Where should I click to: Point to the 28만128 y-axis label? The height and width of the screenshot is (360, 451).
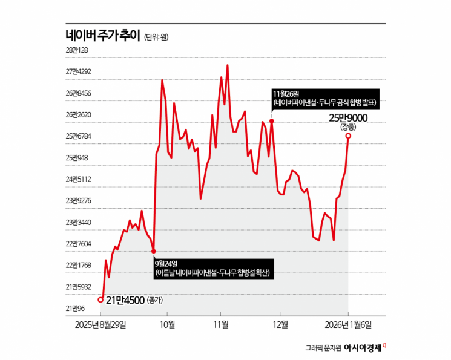tap(77, 50)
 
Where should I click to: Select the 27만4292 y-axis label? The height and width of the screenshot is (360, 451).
tap(78, 71)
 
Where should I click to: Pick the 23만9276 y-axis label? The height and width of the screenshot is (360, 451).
tap(78, 201)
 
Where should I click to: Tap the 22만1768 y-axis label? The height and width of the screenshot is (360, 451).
tap(78, 266)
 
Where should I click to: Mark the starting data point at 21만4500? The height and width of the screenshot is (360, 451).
tap(100, 299)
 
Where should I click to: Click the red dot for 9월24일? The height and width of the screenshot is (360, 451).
tap(154, 251)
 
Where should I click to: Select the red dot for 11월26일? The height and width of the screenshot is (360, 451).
tap(272, 121)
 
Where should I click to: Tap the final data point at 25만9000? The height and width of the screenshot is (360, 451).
tap(348, 136)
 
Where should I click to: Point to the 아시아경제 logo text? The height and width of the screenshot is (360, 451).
tap(363, 348)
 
